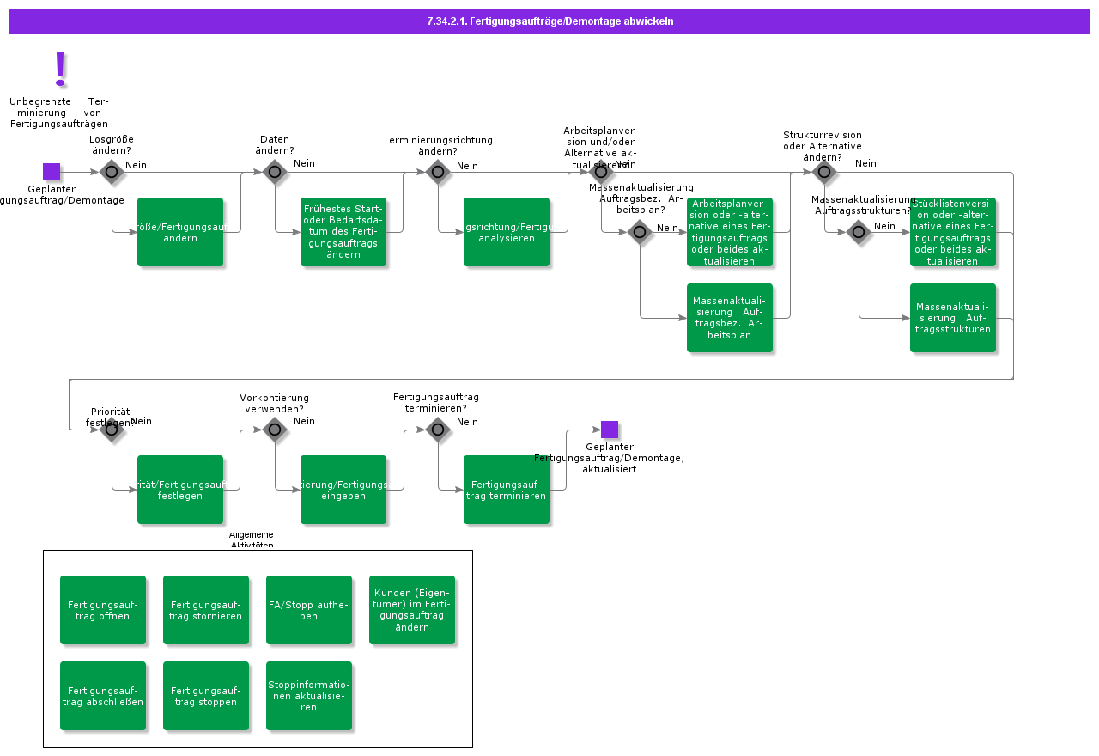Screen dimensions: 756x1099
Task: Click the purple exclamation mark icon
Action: [x=60, y=68]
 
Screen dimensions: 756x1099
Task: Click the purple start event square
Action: [x=52, y=172]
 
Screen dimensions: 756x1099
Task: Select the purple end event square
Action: [x=610, y=430]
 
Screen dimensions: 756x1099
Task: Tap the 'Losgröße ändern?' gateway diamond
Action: [x=112, y=172]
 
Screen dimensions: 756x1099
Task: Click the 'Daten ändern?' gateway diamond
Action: [x=275, y=172]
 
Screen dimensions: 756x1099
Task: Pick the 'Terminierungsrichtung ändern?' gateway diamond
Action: [x=438, y=172]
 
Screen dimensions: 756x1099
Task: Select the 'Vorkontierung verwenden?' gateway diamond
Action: [x=275, y=430]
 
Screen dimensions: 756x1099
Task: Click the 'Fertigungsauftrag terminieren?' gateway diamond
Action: [x=438, y=430]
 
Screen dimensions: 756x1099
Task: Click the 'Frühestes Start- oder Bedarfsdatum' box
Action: [x=343, y=232]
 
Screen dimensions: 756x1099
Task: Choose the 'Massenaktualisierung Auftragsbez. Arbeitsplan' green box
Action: [x=730, y=318]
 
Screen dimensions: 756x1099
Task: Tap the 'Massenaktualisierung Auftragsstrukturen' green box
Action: [x=953, y=318]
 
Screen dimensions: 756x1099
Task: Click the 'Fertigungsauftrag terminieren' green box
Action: [x=507, y=490]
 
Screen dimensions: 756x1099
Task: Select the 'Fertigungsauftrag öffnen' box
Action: [x=103, y=610]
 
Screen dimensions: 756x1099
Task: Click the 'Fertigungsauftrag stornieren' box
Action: [x=206, y=610]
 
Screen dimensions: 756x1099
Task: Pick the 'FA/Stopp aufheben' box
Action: [x=309, y=610]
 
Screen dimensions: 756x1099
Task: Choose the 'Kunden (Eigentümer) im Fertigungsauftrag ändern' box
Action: [x=412, y=610]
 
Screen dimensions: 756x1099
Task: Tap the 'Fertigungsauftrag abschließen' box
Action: [x=103, y=696]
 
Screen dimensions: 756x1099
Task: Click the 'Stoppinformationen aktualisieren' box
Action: [x=309, y=696]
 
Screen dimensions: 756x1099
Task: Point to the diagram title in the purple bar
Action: [x=549, y=21]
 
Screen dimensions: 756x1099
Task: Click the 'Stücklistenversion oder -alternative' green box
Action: [x=953, y=232]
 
